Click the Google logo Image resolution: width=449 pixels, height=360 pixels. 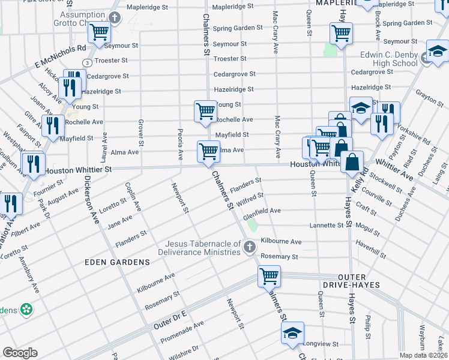click(20, 353)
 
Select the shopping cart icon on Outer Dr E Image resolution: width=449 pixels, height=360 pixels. click(269, 276)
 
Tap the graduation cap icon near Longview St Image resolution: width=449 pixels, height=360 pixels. click(293, 333)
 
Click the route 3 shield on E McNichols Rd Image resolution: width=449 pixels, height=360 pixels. click(88, 62)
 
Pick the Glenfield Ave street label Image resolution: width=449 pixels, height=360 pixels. click(262, 211)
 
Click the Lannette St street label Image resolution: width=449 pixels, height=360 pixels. click(326, 226)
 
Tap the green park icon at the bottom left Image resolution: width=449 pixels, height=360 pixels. click(26, 310)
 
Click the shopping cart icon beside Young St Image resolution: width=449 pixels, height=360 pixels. click(205, 111)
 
